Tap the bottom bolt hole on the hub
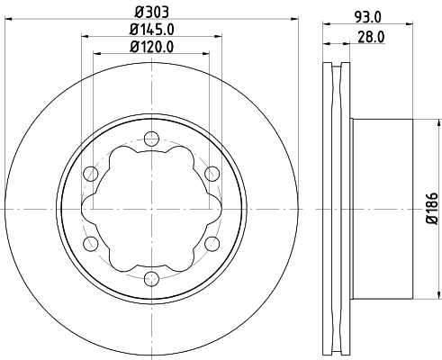click(x=151, y=278)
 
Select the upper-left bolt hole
click(x=91, y=174)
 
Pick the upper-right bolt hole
click(x=212, y=174)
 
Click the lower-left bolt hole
click(x=91, y=243)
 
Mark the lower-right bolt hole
click(x=212, y=243)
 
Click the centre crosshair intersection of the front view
click(x=151, y=208)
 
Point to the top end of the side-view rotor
click(x=337, y=66)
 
